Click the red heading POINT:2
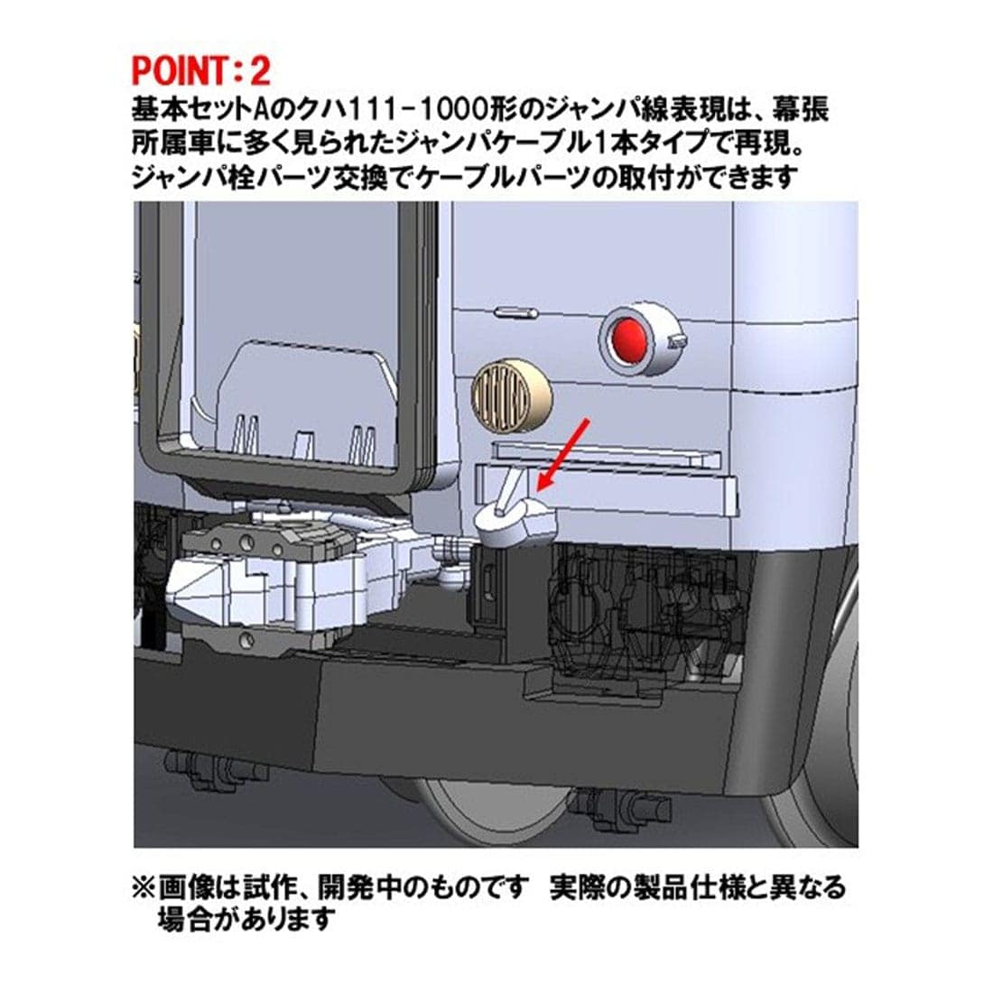pos(200,70)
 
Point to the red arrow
pos(563,454)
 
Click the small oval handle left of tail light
pos(515,313)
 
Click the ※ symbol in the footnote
pos(144,887)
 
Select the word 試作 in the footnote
pos(264,887)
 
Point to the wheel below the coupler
pos(487,813)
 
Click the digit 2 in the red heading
pos(260,70)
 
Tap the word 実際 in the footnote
pos(575,887)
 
